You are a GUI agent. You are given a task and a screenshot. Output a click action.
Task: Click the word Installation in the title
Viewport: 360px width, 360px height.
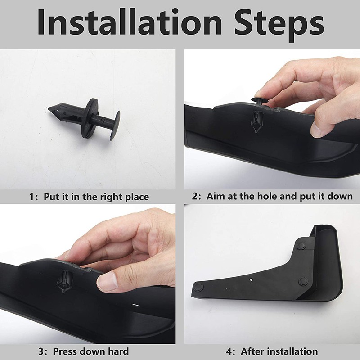[x=129, y=22]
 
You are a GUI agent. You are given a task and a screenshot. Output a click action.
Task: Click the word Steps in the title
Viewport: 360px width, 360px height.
[x=279, y=25]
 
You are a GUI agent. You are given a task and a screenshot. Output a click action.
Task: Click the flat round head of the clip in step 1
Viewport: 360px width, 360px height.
[x=115, y=126]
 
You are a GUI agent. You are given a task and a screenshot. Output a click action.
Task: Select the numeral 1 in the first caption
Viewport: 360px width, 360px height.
[x=31, y=197]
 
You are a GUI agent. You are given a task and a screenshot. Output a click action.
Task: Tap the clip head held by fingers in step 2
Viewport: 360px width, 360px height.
[x=260, y=100]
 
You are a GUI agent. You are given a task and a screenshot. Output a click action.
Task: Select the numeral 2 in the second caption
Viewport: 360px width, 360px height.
[x=194, y=197]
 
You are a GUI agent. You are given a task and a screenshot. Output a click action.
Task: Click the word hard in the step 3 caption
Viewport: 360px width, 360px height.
[x=118, y=351]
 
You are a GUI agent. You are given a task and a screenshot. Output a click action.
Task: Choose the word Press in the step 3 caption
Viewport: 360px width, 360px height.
[x=65, y=351]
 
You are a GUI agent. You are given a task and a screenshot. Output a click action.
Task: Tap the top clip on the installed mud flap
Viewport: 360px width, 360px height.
[x=301, y=246]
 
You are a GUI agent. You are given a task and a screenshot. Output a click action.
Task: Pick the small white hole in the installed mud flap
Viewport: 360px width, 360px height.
[x=252, y=279]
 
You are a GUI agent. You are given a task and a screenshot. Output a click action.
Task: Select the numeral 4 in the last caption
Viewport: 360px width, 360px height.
[x=229, y=351]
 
